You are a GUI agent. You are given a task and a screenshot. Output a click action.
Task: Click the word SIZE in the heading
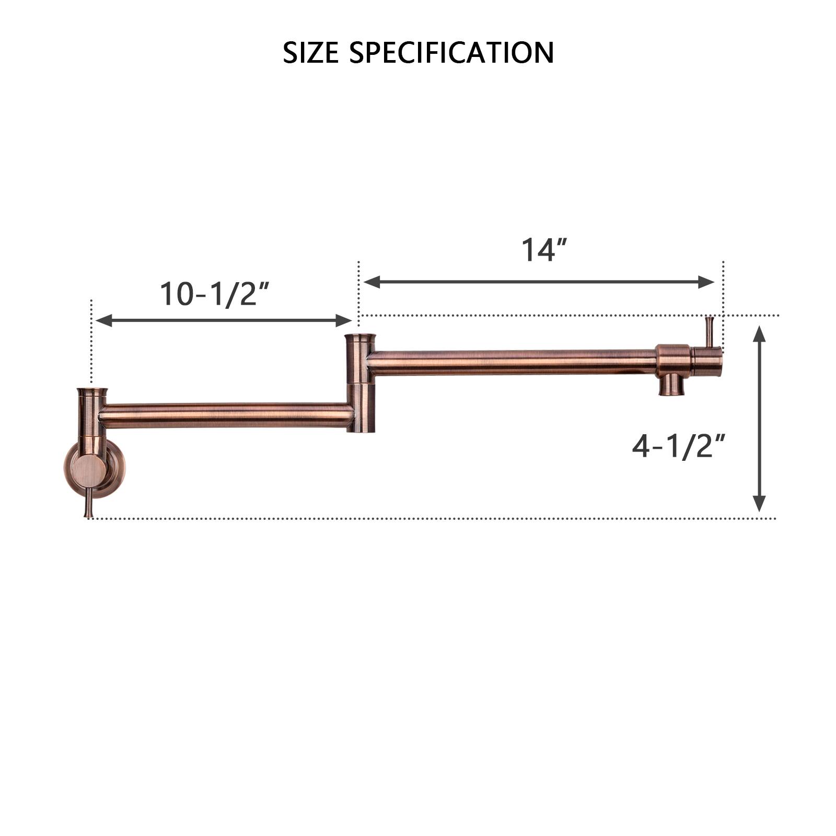(x=310, y=53)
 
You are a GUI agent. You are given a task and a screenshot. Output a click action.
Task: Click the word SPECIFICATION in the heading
(x=451, y=53)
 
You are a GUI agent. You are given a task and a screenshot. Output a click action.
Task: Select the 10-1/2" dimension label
(x=215, y=294)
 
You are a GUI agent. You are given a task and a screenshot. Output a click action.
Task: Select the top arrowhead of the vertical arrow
(x=760, y=332)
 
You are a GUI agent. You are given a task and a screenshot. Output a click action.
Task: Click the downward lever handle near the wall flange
(x=89, y=504)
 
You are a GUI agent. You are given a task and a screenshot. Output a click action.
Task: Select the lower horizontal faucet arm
(x=225, y=415)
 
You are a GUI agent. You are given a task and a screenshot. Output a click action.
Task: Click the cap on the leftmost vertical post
(x=92, y=392)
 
